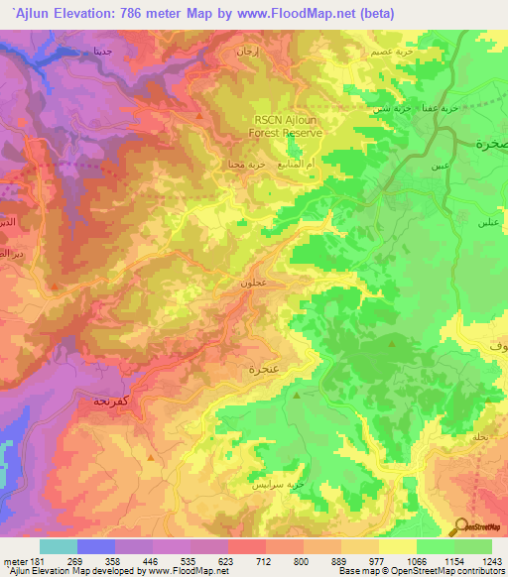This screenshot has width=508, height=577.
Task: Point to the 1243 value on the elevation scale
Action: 491,560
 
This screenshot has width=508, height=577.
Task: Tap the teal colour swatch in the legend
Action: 59,546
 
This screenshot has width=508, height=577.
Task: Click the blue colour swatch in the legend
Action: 96,546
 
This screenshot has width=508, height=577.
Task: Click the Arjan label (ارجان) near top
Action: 245,49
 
